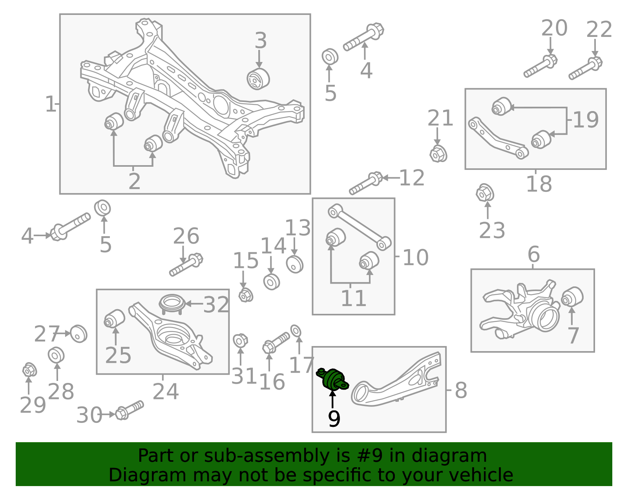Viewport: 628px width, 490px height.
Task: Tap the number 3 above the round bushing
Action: coord(260,41)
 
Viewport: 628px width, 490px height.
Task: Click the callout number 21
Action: coord(440,118)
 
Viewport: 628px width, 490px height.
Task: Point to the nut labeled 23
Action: coord(485,193)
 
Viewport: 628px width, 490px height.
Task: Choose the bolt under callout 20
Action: coord(540,66)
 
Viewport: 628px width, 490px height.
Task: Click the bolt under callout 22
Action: coord(586,68)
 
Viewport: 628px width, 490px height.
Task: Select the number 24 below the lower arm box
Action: coord(166,392)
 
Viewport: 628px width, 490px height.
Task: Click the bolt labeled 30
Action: coord(130,410)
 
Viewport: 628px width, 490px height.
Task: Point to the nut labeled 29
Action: coord(29,370)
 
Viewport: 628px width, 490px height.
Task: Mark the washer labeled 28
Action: coord(56,355)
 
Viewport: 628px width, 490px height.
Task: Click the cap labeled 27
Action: coord(78,334)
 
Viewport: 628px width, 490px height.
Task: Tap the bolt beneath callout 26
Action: coord(186,264)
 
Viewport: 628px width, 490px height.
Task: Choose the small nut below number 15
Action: coord(246,295)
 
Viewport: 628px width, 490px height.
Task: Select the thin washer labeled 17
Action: coord(296,331)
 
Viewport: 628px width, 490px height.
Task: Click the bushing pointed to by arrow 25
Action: coord(115,319)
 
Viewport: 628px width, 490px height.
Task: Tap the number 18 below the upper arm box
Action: coord(539,184)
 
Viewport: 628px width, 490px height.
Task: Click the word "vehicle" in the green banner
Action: coord(475,475)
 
